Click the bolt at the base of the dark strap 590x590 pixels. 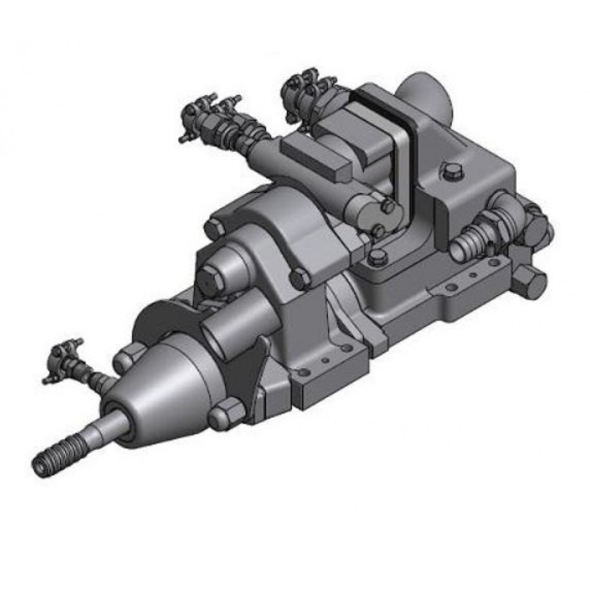coord(378,257)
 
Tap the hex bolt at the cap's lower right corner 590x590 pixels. coord(301,277)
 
